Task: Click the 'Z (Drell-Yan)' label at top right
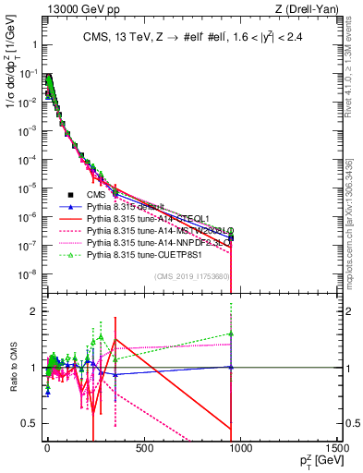click(305, 9)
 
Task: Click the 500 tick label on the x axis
click(143, 448)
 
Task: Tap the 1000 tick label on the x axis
click(240, 448)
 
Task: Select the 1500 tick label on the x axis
click(336, 448)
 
